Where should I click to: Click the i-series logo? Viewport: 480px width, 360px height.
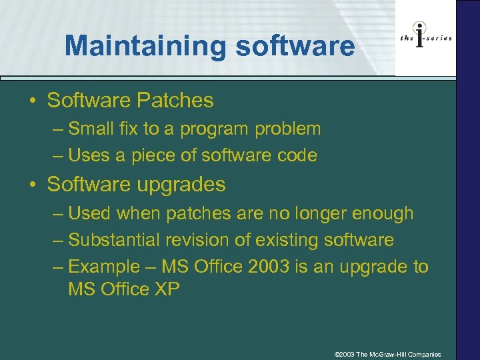tap(425, 38)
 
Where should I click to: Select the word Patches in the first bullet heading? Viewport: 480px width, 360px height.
tap(175, 101)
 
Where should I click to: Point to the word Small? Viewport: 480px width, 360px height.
tap(91, 129)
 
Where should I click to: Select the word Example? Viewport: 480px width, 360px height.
tap(101, 267)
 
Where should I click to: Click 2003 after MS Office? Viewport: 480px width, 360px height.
tap(269, 267)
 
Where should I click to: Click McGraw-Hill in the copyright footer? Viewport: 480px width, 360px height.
tap(388, 354)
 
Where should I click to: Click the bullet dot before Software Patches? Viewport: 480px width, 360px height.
tap(33, 102)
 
